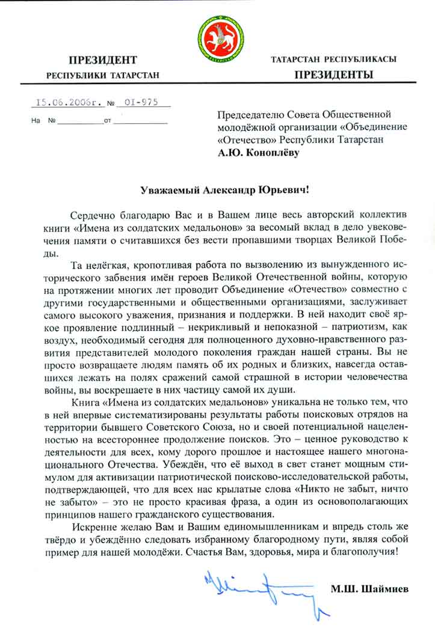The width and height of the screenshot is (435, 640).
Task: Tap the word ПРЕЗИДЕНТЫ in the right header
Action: tap(333, 75)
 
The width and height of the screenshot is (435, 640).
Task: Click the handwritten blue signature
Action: tap(258, 585)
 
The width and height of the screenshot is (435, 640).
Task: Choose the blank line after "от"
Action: tap(140, 123)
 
